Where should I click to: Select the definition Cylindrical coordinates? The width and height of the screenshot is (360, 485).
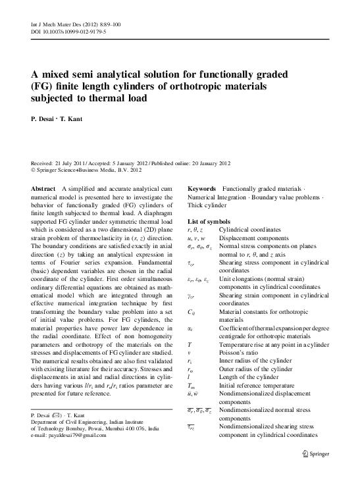pyautogui.click(x=249, y=228)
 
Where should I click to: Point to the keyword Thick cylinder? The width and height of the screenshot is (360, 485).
pyautogui.click(x=209, y=206)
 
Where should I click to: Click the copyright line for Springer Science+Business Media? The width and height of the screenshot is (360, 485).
pyautogui.click(x=82, y=169)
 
